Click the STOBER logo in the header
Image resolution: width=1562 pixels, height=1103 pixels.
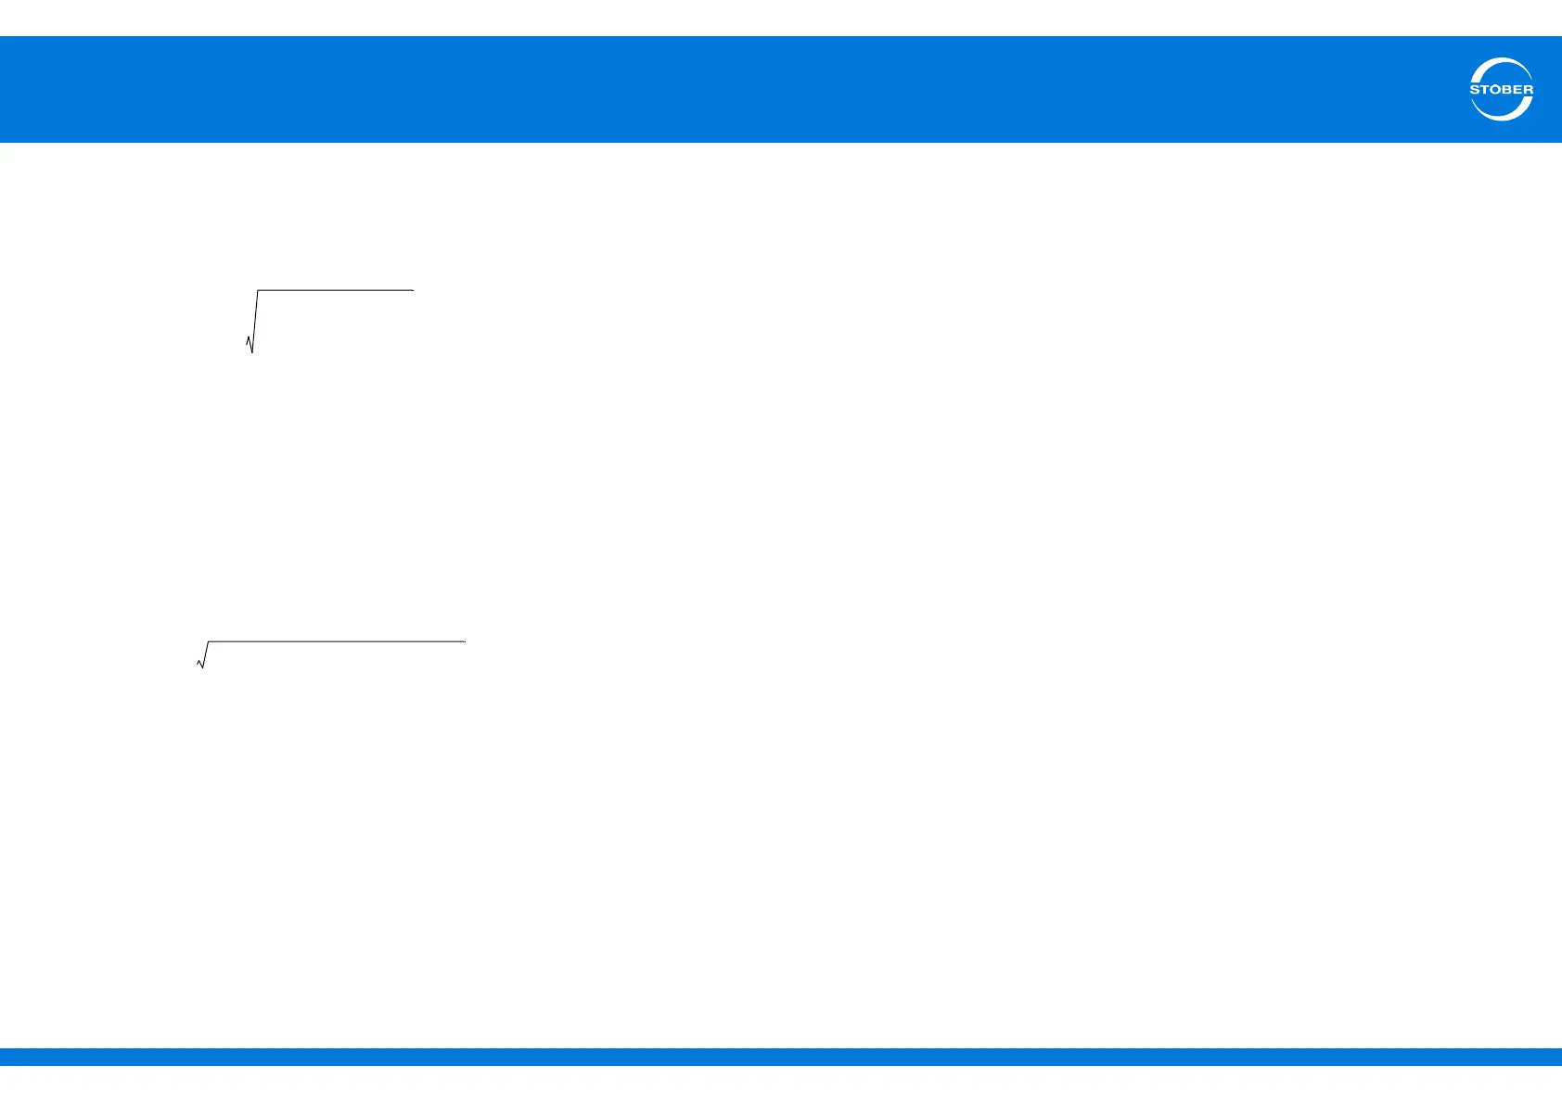[x=1501, y=90]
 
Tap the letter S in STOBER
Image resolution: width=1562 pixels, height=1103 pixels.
[x=1475, y=90]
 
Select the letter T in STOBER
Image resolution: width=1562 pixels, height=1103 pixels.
[x=1485, y=90]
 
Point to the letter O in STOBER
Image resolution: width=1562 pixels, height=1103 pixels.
[x=1496, y=90]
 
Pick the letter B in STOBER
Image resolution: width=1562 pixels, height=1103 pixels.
[x=1507, y=90]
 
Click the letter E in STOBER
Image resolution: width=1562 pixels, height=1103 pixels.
[x=1517, y=90]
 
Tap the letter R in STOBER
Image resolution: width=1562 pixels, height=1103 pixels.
[x=1528, y=90]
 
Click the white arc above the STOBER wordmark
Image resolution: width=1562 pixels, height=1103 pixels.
[x=1502, y=65]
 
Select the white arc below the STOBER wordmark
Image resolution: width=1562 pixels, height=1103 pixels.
[x=1502, y=114]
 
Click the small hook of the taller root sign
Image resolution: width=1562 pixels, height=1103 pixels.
[x=248, y=341]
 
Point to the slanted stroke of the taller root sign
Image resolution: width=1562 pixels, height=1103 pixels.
[x=255, y=320]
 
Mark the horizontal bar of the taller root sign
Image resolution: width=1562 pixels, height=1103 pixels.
[x=334, y=290]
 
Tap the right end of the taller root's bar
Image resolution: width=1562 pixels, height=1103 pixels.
[x=412, y=290]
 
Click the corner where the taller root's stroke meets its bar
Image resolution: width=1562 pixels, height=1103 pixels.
[x=258, y=291]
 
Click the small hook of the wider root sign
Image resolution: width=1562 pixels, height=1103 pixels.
[x=199, y=662]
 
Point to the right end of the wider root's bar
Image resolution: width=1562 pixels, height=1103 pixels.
[x=463, y=641]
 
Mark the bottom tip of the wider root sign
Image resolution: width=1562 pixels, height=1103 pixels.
[x=203, y=668]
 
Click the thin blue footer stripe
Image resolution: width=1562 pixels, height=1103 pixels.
[x=781, y=1057]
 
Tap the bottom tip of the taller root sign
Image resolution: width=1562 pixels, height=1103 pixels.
[x=252, y=352]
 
